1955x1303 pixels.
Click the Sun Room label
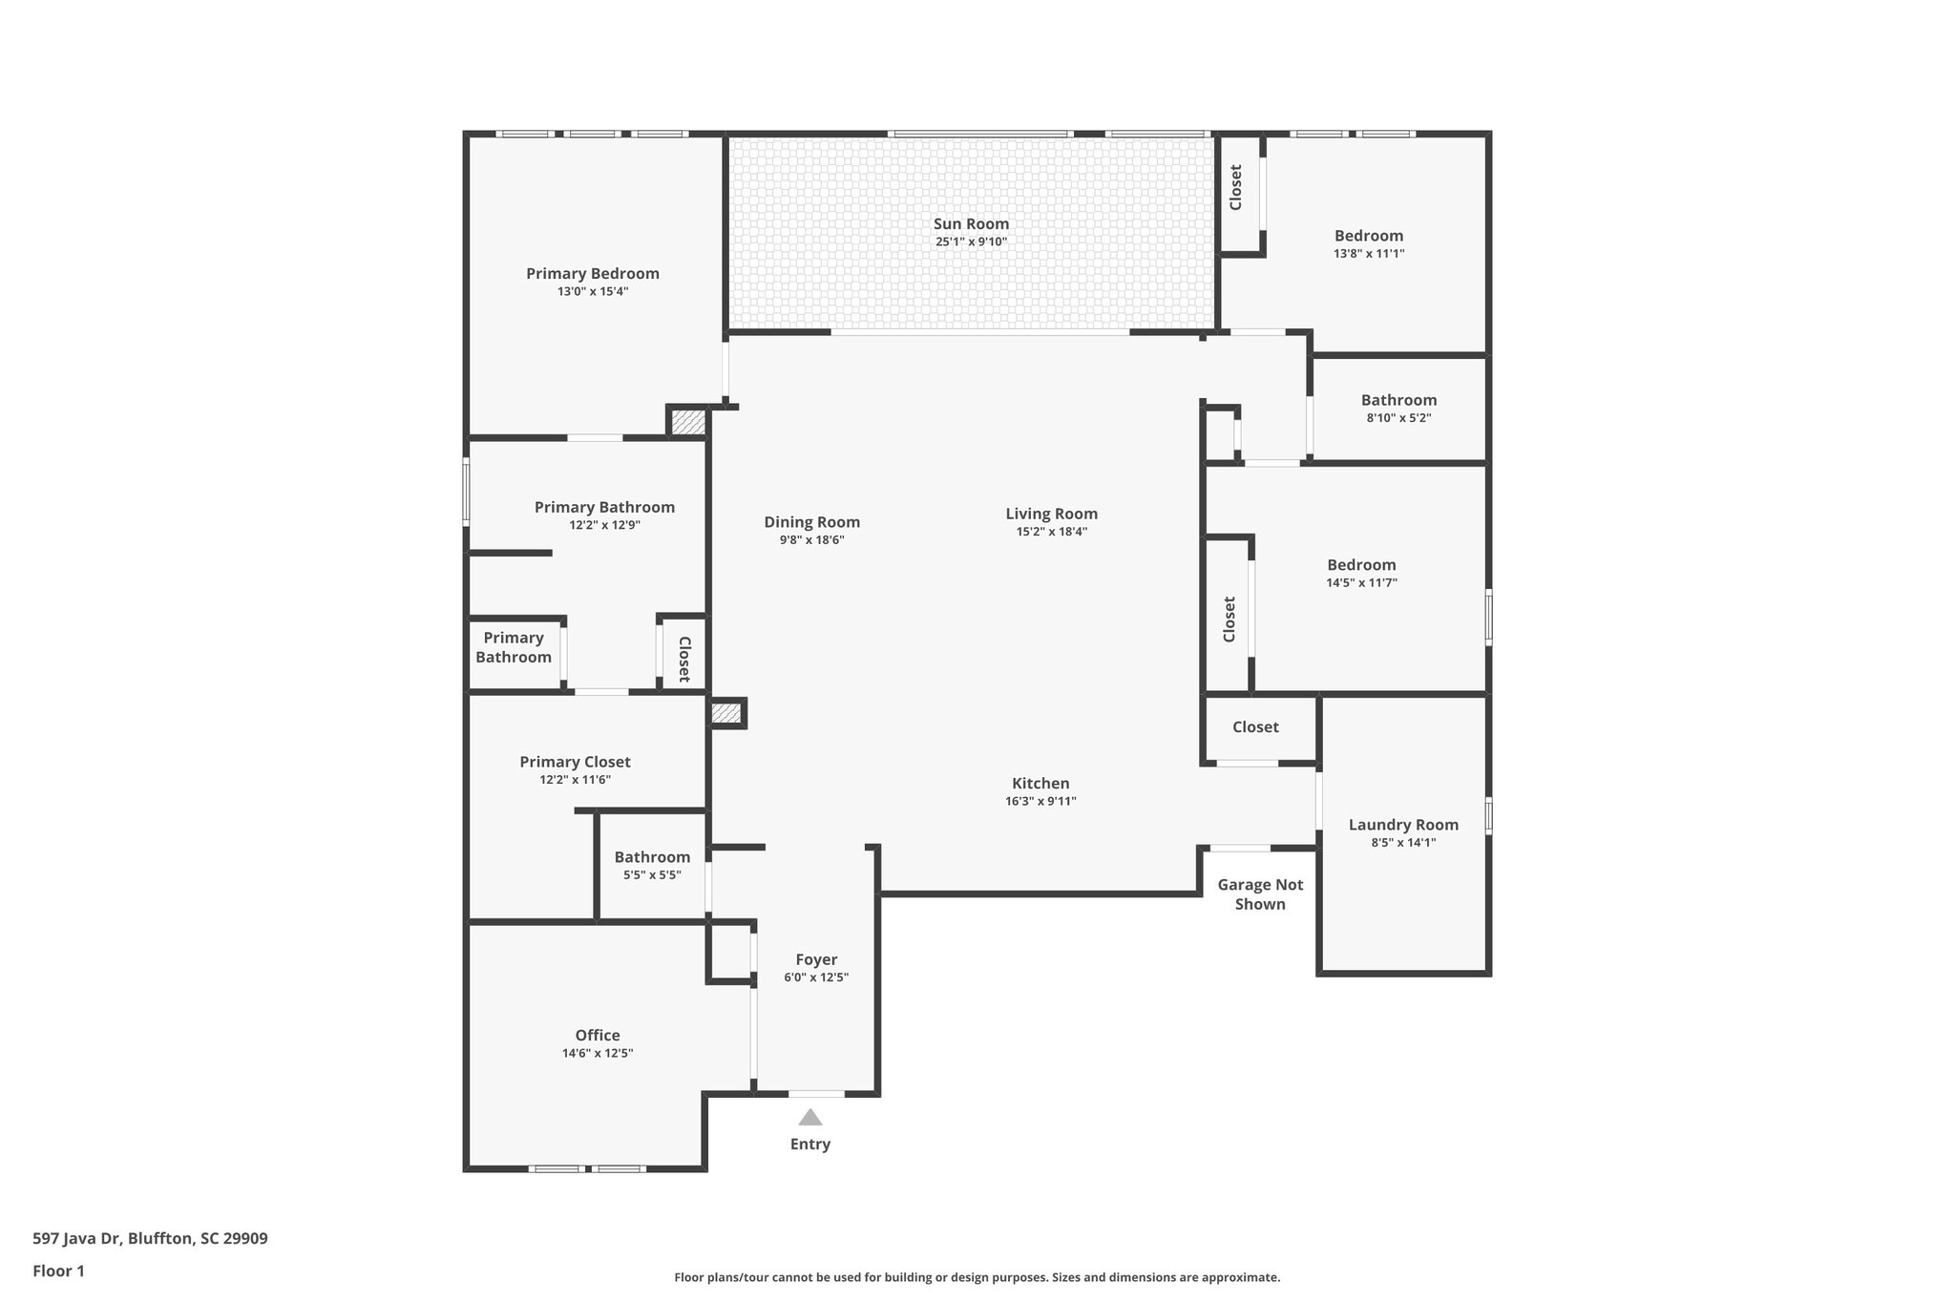click(x=971, y=224)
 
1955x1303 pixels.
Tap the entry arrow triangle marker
click(x=810, y=1117)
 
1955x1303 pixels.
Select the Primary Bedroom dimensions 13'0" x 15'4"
click(x=593, y=291)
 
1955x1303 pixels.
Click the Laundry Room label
click(x=1403, y=825)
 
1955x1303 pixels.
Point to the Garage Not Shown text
click(x=1260, y=894)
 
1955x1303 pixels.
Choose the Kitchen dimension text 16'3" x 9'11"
click(x=1041, y=801)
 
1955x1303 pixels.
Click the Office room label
click(x=598, y=1035)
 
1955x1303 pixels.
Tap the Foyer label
click(x=816, y=959)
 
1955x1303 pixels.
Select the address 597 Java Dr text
click(x=150, y=1238)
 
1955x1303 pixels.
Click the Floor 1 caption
click(x=58, y=1271)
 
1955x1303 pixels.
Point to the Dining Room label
click(x=811, y=522)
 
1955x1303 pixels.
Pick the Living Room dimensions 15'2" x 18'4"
click(x=1051, y=532)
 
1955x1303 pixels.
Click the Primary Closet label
click(x=575, y=762)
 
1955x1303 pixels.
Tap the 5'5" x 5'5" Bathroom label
click(x=652, y=857)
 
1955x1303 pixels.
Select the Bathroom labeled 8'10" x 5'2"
click(x=1398, y=400)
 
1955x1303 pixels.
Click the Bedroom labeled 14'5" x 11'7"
click(x=1361, y=565)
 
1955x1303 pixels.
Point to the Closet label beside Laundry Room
click(x=1255, y=727)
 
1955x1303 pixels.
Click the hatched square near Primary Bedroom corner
click(x=686, y=422)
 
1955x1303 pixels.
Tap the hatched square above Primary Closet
click(x=726, y=713)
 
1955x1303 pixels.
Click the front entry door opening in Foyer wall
click(x=816, y=1093)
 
